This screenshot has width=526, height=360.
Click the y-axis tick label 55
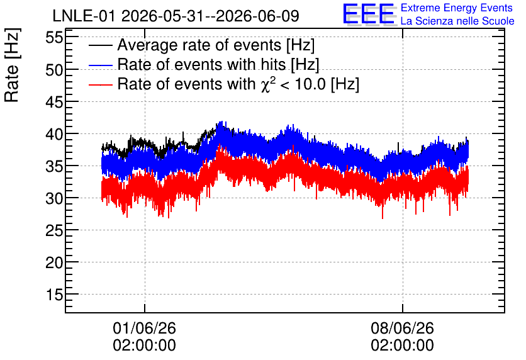click(54, 38)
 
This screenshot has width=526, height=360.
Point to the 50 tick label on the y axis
click(54, 70)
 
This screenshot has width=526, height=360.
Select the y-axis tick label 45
click(54, 102)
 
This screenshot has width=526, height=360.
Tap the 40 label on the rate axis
click(54, 134)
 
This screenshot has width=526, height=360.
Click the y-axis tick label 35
click(54, 166)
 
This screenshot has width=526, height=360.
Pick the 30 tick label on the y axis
click(54, 198)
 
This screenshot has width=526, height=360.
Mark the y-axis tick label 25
click(54, 230)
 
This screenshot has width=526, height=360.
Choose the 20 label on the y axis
click(54, 262)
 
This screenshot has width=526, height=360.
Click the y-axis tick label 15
click(54, 295)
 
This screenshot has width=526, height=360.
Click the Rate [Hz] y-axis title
click(12, 65)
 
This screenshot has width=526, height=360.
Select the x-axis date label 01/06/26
click(144, 328)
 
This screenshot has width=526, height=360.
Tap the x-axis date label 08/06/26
click(402, 328)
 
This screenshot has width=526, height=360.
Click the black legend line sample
click(100, 45)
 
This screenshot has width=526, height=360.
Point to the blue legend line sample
click(100, 65)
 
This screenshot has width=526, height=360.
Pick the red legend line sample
click(100, 84)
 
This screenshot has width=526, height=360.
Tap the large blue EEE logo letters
click(368, 14)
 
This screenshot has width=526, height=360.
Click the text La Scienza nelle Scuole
click(457, 21)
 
